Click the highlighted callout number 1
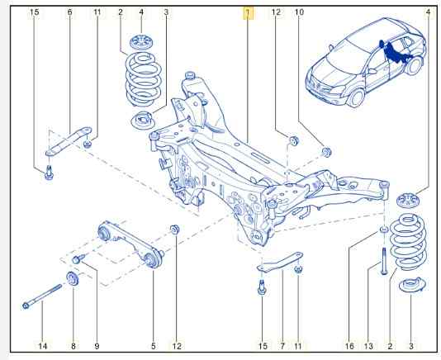248,12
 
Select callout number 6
69,12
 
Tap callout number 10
299,12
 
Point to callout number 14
42,346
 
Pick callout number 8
73,346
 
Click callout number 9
97,346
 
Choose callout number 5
154,346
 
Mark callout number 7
282,346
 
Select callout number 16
349,346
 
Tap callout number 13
368,346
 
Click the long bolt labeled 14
42,296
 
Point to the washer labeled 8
73,278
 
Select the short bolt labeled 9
78,258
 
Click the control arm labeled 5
130,244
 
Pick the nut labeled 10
326,152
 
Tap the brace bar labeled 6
69,140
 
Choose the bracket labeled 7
281,262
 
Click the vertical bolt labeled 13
384,261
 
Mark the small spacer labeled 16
384,230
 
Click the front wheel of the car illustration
355,98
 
